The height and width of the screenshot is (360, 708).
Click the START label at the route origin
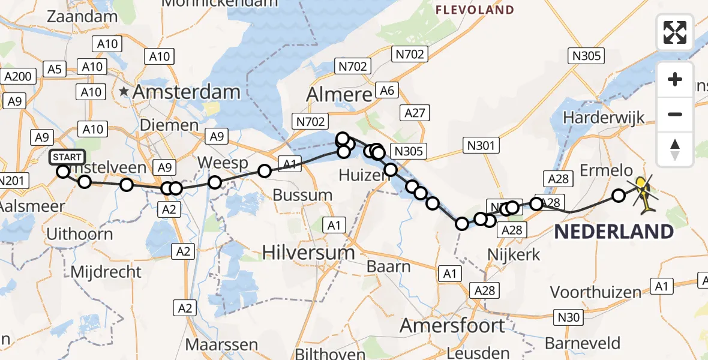click(67, 158)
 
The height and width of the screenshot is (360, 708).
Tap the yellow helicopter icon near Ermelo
click(643, 194)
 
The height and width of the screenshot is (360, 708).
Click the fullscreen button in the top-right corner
click(675, 32)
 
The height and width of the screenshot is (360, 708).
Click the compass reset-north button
click(675, 149)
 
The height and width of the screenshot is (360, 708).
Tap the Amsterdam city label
click(187, 92)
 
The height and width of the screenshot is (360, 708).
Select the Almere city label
click(339, 95)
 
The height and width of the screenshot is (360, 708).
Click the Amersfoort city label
click(452, 326)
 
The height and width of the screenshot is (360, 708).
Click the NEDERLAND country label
click(613, 232)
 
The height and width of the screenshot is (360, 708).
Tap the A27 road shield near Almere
click(415, 113)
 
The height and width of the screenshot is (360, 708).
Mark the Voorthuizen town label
click(596, 292)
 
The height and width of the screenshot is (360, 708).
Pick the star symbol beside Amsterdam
click(124, 92)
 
